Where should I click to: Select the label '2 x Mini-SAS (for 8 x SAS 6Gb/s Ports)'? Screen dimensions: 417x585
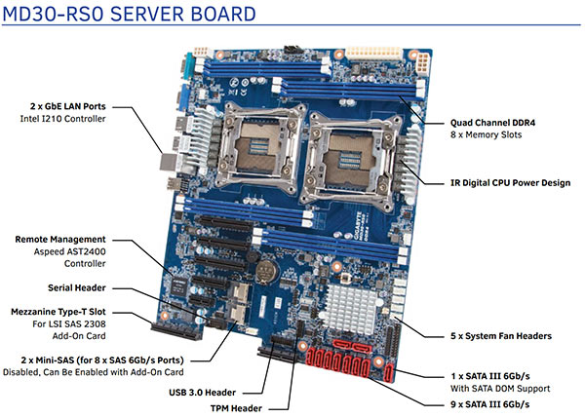(x=88, y=359)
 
